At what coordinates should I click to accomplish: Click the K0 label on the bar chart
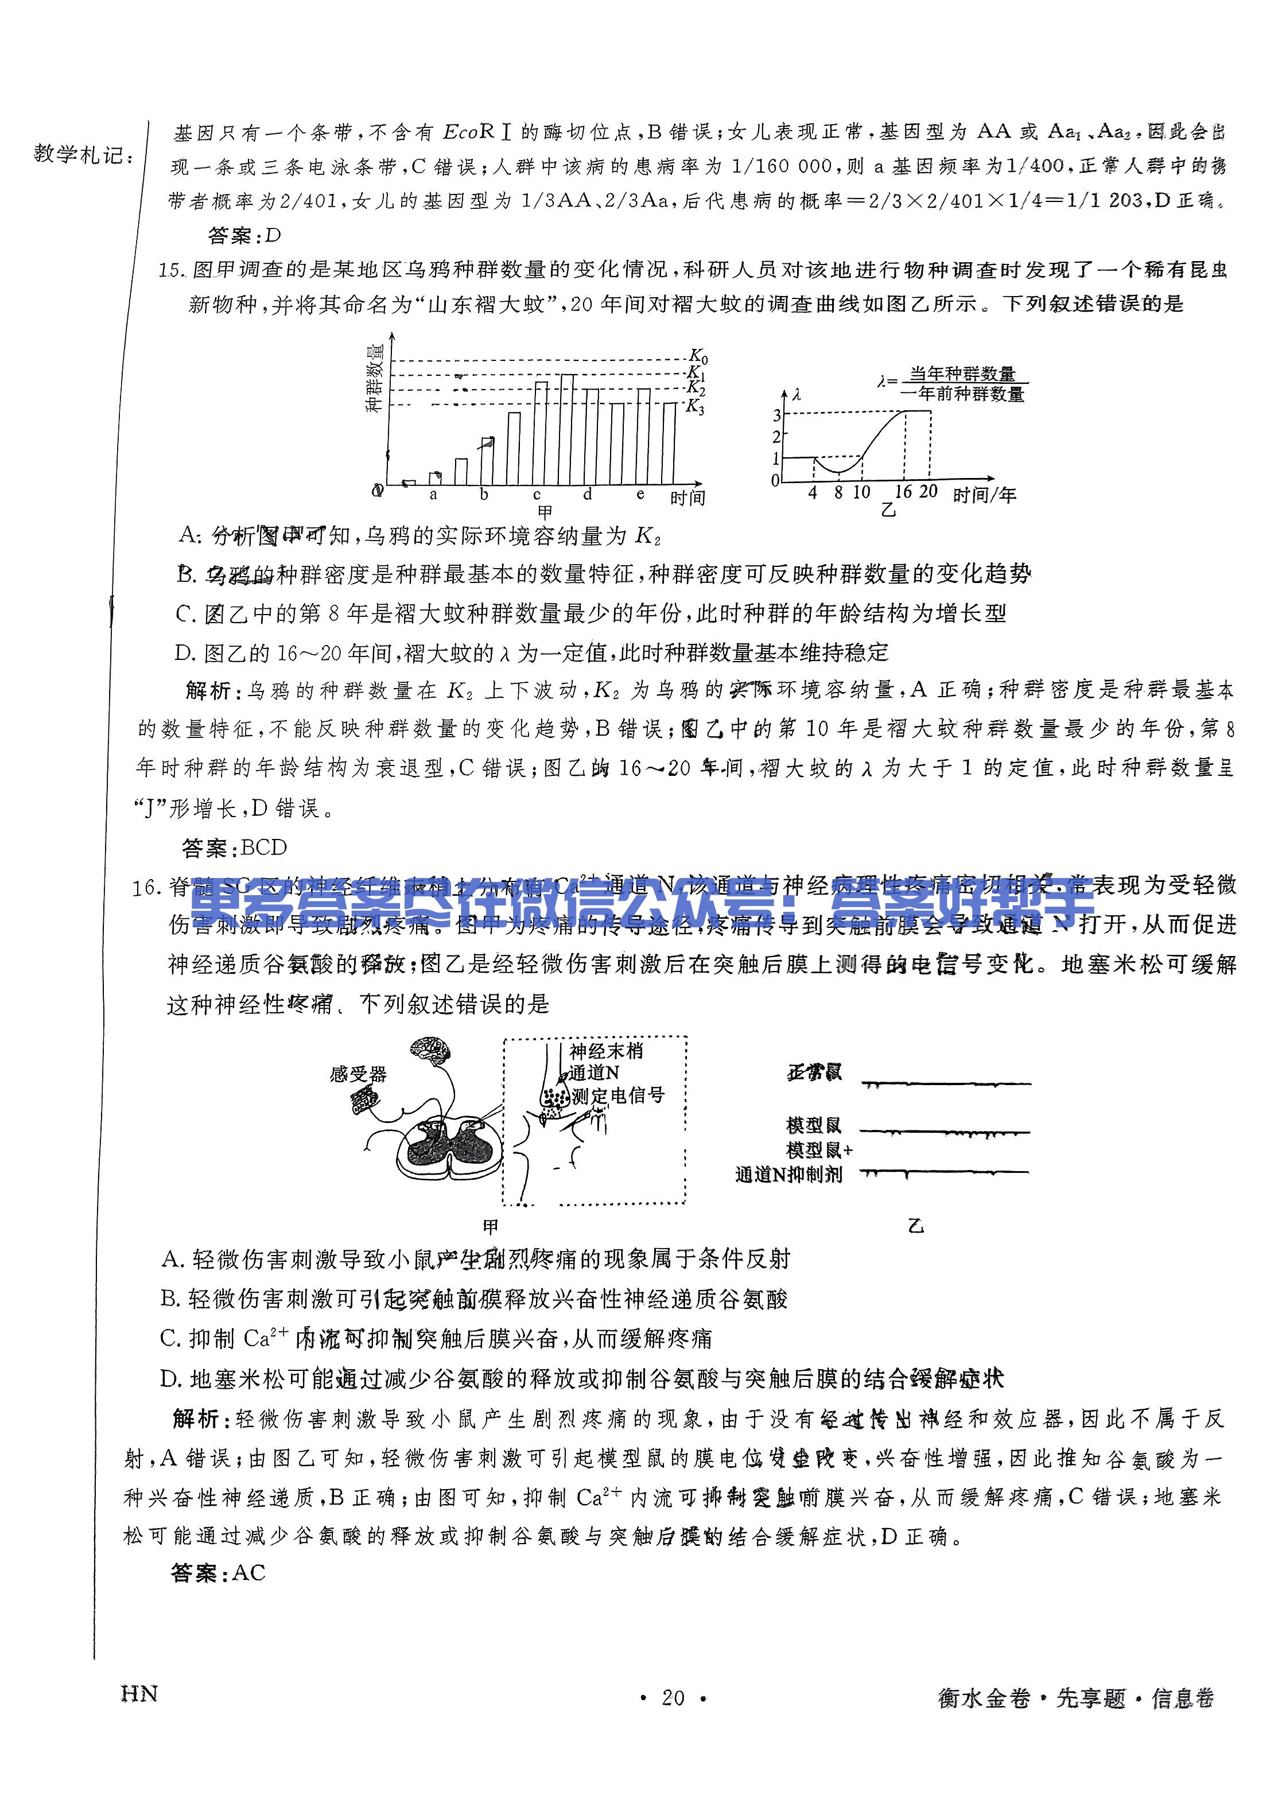click(x=698, y=356)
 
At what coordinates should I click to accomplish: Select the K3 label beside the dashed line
click(x=695, y=407)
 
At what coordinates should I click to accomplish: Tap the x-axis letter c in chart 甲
click(x=537, y=496)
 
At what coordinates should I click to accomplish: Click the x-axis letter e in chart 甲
click(x=640, y=494)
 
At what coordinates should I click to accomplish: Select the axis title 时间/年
click(x=985, y=495)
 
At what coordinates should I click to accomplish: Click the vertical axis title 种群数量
click(x=375, y=377)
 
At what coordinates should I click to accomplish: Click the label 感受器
click(x=358, y=1074)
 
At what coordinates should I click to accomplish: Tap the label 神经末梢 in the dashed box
click(x=606, y=1051)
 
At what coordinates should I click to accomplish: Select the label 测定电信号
click(x=619, y=1095)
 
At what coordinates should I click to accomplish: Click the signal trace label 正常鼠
click(x=814, y=1072)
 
